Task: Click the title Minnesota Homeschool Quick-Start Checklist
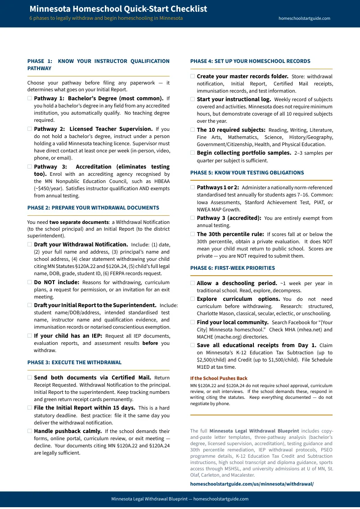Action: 118,9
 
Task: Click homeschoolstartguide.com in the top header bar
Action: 304,18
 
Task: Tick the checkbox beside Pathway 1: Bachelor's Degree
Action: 30,98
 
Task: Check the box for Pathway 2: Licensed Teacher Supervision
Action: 30,129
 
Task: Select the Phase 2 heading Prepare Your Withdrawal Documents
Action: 93,208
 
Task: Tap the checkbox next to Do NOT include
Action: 30,282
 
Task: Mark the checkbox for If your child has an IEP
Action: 30,335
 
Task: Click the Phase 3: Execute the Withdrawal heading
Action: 74,362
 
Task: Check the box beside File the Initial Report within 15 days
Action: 30,408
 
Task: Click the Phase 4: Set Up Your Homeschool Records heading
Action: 250,61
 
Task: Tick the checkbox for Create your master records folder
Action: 193,76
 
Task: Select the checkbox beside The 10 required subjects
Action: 193,129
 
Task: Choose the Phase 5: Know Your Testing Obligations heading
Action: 247,173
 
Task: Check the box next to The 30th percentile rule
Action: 193,234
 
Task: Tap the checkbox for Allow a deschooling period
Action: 193,283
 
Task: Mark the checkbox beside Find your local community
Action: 193,322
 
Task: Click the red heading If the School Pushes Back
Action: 219,378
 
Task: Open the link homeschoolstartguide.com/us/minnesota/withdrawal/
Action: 252,484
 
